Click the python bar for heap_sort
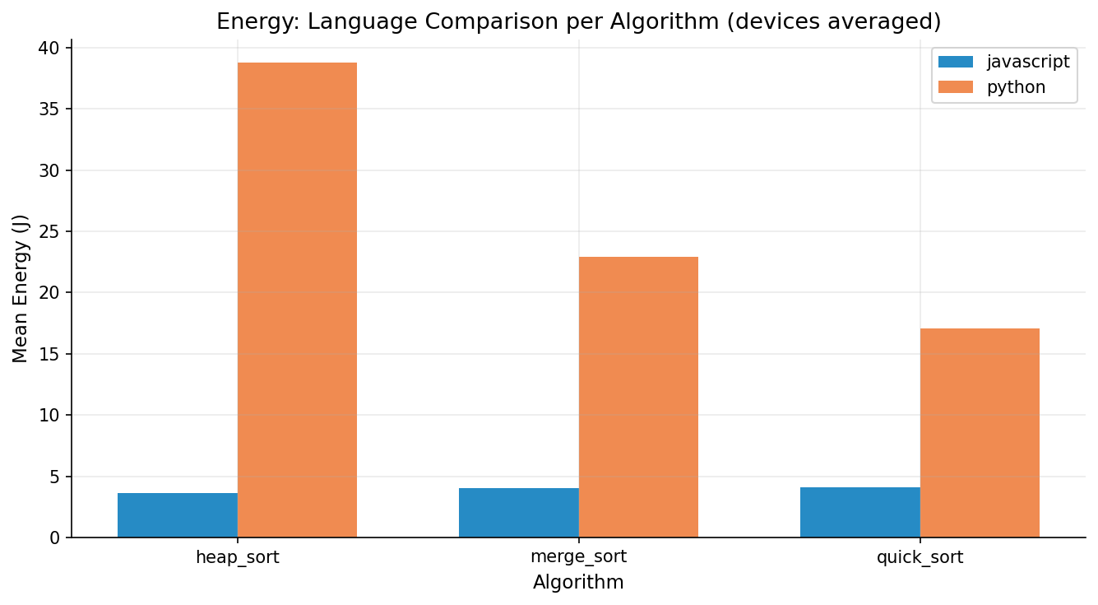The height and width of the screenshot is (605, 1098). pos(297,300)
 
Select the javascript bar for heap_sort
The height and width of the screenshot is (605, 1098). pos(178,515)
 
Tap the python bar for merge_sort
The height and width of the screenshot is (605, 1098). pos(638,397)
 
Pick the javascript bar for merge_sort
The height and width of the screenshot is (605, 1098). pos(519,513)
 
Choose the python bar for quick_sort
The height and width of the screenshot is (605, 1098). pos(980,433)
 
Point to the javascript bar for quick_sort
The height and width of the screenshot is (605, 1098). pos(860,512)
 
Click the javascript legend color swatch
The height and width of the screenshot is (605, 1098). pos(955,62)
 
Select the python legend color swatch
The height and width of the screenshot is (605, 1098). pos(955,87)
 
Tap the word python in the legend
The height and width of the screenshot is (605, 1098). pos(1016,87)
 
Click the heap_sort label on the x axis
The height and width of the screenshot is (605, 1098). pos(237,557)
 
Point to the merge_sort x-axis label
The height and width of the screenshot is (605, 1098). pos(578,557)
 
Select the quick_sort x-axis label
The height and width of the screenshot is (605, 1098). pos(920,557)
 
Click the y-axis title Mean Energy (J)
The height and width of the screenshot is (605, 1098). pos(21,288)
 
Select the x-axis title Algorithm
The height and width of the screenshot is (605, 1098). pos(578,583)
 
